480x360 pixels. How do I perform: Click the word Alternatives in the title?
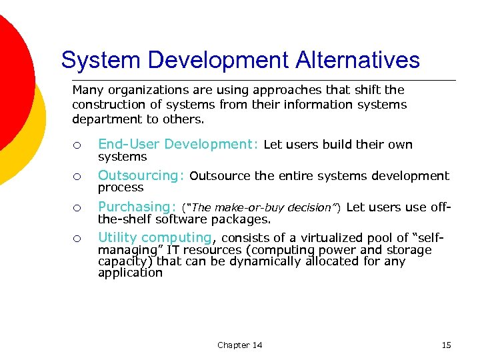click(353, 60)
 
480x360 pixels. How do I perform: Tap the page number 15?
click(446, 345)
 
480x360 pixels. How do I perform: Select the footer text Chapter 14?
click(239, 345)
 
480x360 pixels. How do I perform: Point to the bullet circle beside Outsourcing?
click(77, 177)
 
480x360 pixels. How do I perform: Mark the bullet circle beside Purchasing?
click(77, 208)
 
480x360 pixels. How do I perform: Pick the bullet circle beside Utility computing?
click(77, 239)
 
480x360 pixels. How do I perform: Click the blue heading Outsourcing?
click(141, 175)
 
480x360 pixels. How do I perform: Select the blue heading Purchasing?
click(137, 207)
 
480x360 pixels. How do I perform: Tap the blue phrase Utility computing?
click(155, 237)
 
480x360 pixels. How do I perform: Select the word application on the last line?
click(130, 273)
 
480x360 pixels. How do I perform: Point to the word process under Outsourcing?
click(121, 188)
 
